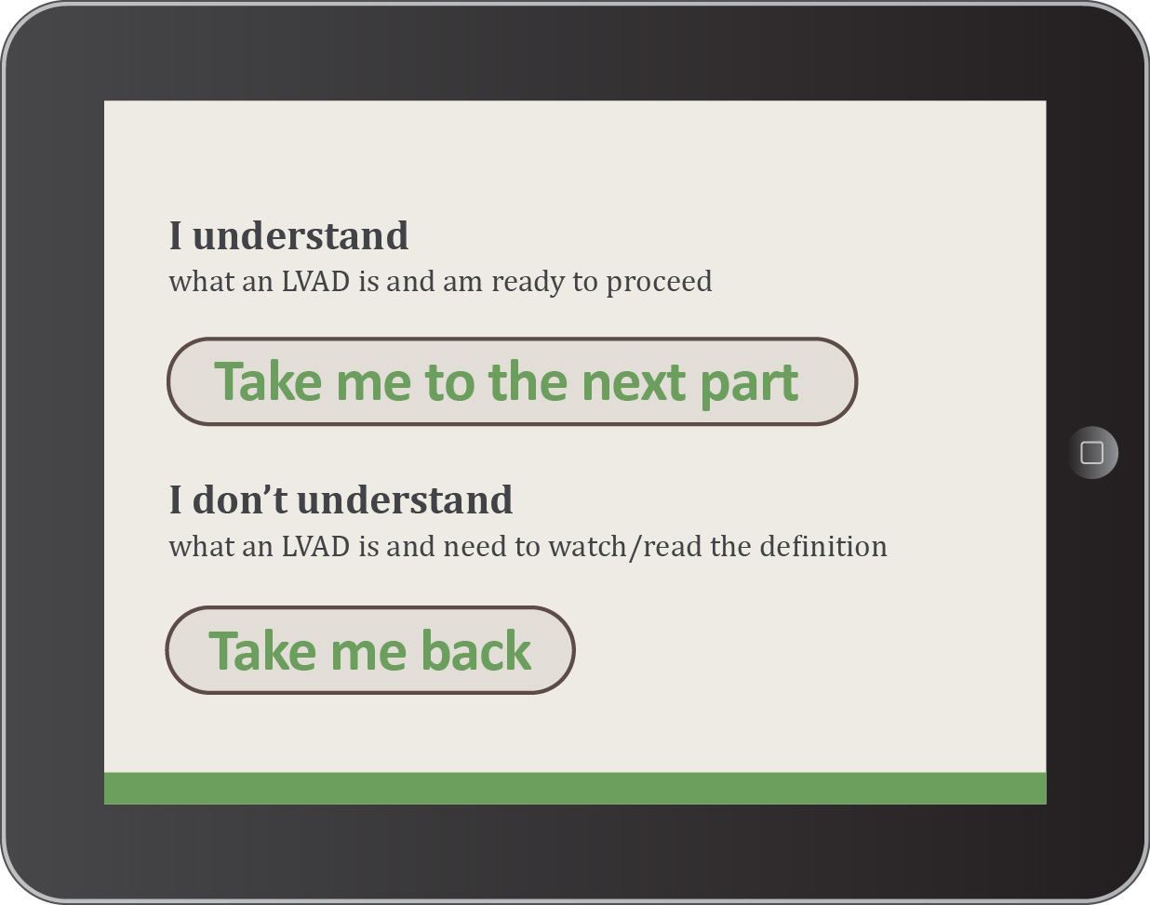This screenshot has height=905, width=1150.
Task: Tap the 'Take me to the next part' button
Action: click(513, 381)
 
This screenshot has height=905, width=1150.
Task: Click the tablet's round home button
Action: click(1092, 452)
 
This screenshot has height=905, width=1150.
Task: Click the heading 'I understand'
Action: click(288, 235)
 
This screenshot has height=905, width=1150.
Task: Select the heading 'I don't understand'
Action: click(341, 499)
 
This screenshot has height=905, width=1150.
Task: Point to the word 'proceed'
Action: click(659, 282)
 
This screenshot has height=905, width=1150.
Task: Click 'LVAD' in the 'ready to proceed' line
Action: click(315, 281)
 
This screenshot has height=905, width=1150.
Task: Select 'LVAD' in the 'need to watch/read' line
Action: click(315, 546)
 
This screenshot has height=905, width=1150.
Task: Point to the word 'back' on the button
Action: click(476, 650)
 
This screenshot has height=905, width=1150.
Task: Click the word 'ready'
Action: click(528, 282)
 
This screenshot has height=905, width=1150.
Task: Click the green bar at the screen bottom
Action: click(575, 788)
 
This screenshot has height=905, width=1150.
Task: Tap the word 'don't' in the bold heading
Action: click(239, 499)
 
